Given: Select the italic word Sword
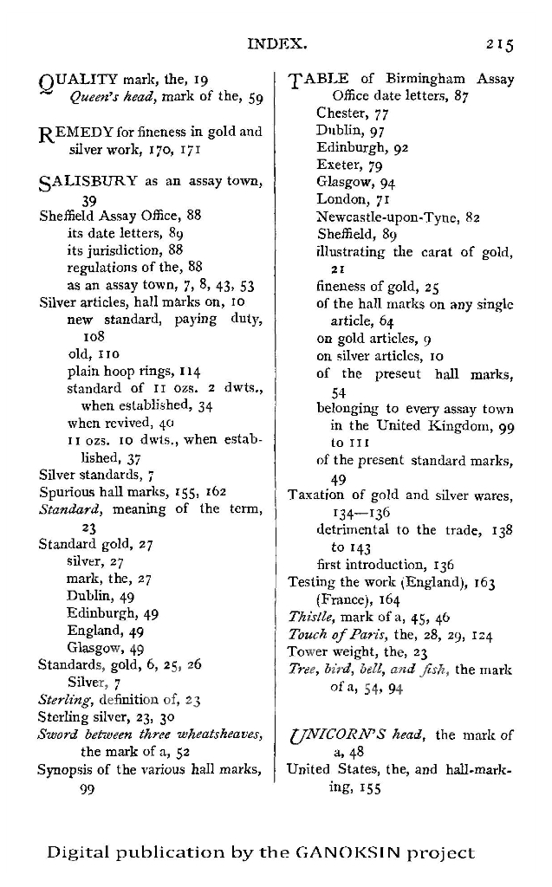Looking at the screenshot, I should click(57, 735).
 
